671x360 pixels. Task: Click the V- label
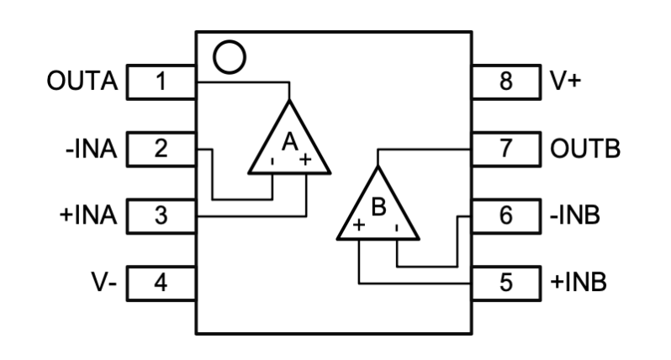[103, 281]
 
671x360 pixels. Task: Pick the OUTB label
[585, 150]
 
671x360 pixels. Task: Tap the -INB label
[576, 215]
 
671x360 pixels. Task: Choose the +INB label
[578, 281]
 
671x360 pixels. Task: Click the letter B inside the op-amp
[378, 207]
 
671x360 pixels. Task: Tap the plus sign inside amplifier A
[306, 160]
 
